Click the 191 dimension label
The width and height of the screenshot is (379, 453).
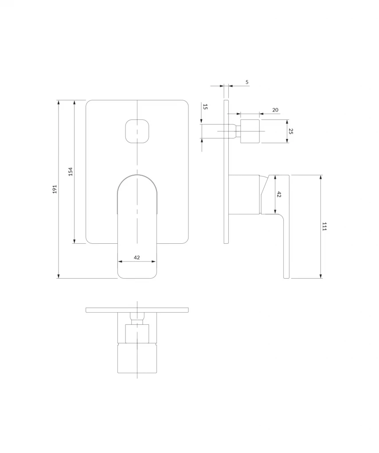(55, 189)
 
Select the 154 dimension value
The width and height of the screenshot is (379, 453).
(70, 172)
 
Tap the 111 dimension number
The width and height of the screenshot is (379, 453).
(324, 226)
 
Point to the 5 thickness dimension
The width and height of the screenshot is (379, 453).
(247, 82)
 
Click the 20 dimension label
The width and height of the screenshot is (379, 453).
(275, 110)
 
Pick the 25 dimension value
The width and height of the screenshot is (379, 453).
(291, 131)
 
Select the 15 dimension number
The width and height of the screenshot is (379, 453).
(205, 107)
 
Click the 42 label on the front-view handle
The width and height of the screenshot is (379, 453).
(137, 257)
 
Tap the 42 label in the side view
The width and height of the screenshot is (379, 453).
(279, 195)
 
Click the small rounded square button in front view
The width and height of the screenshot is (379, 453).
(137, 131)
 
